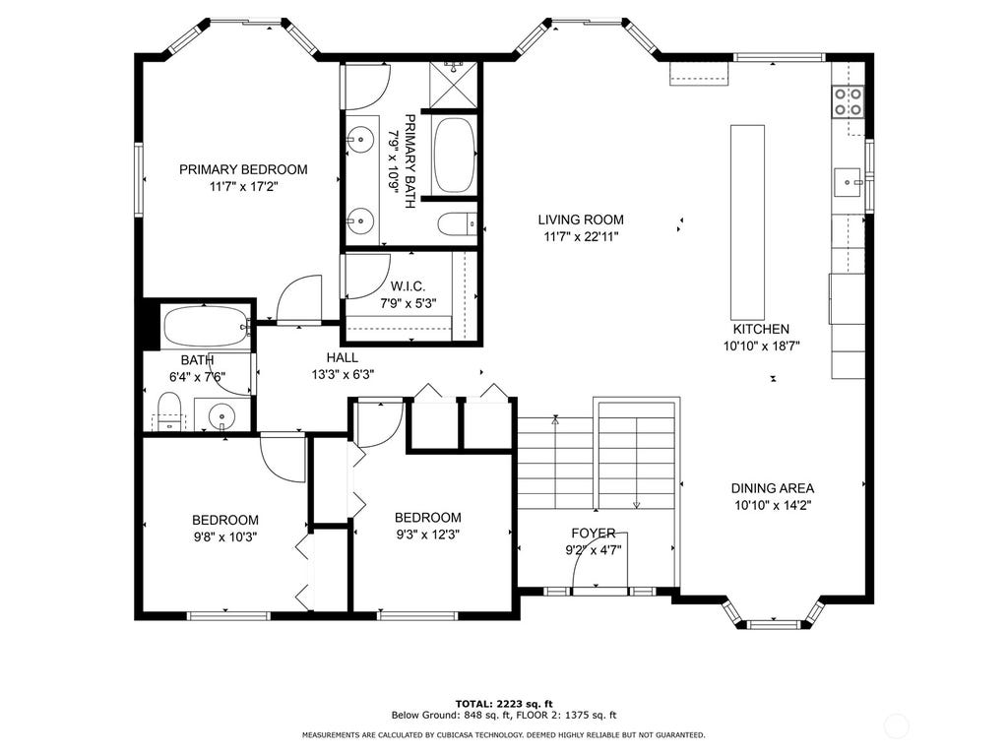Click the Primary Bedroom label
click(x=243, y=169)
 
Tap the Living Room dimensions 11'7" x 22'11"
click(x=581, y=236)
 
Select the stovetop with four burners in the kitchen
click(x=848, y=102)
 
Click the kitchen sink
click(x=848, y=182)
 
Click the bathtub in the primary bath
click(x=455, y=155)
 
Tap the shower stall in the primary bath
click(x=455, y=85)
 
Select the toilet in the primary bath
click(x=458, y=224)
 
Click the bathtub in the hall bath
click(x=206, y=327)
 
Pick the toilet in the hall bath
click(x=169, y=412)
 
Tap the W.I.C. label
click(x=408, y=286)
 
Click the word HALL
click(x=342, y=357)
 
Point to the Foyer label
click(x=594, y=533)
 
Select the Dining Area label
click(x=772, y=488)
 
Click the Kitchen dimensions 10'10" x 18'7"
click(x=761, y=346)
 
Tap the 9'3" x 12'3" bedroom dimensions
click(x=427, y=535)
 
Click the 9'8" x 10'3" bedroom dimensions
click(x=225, y=536)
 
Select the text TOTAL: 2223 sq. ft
click(x=504, y=704)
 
